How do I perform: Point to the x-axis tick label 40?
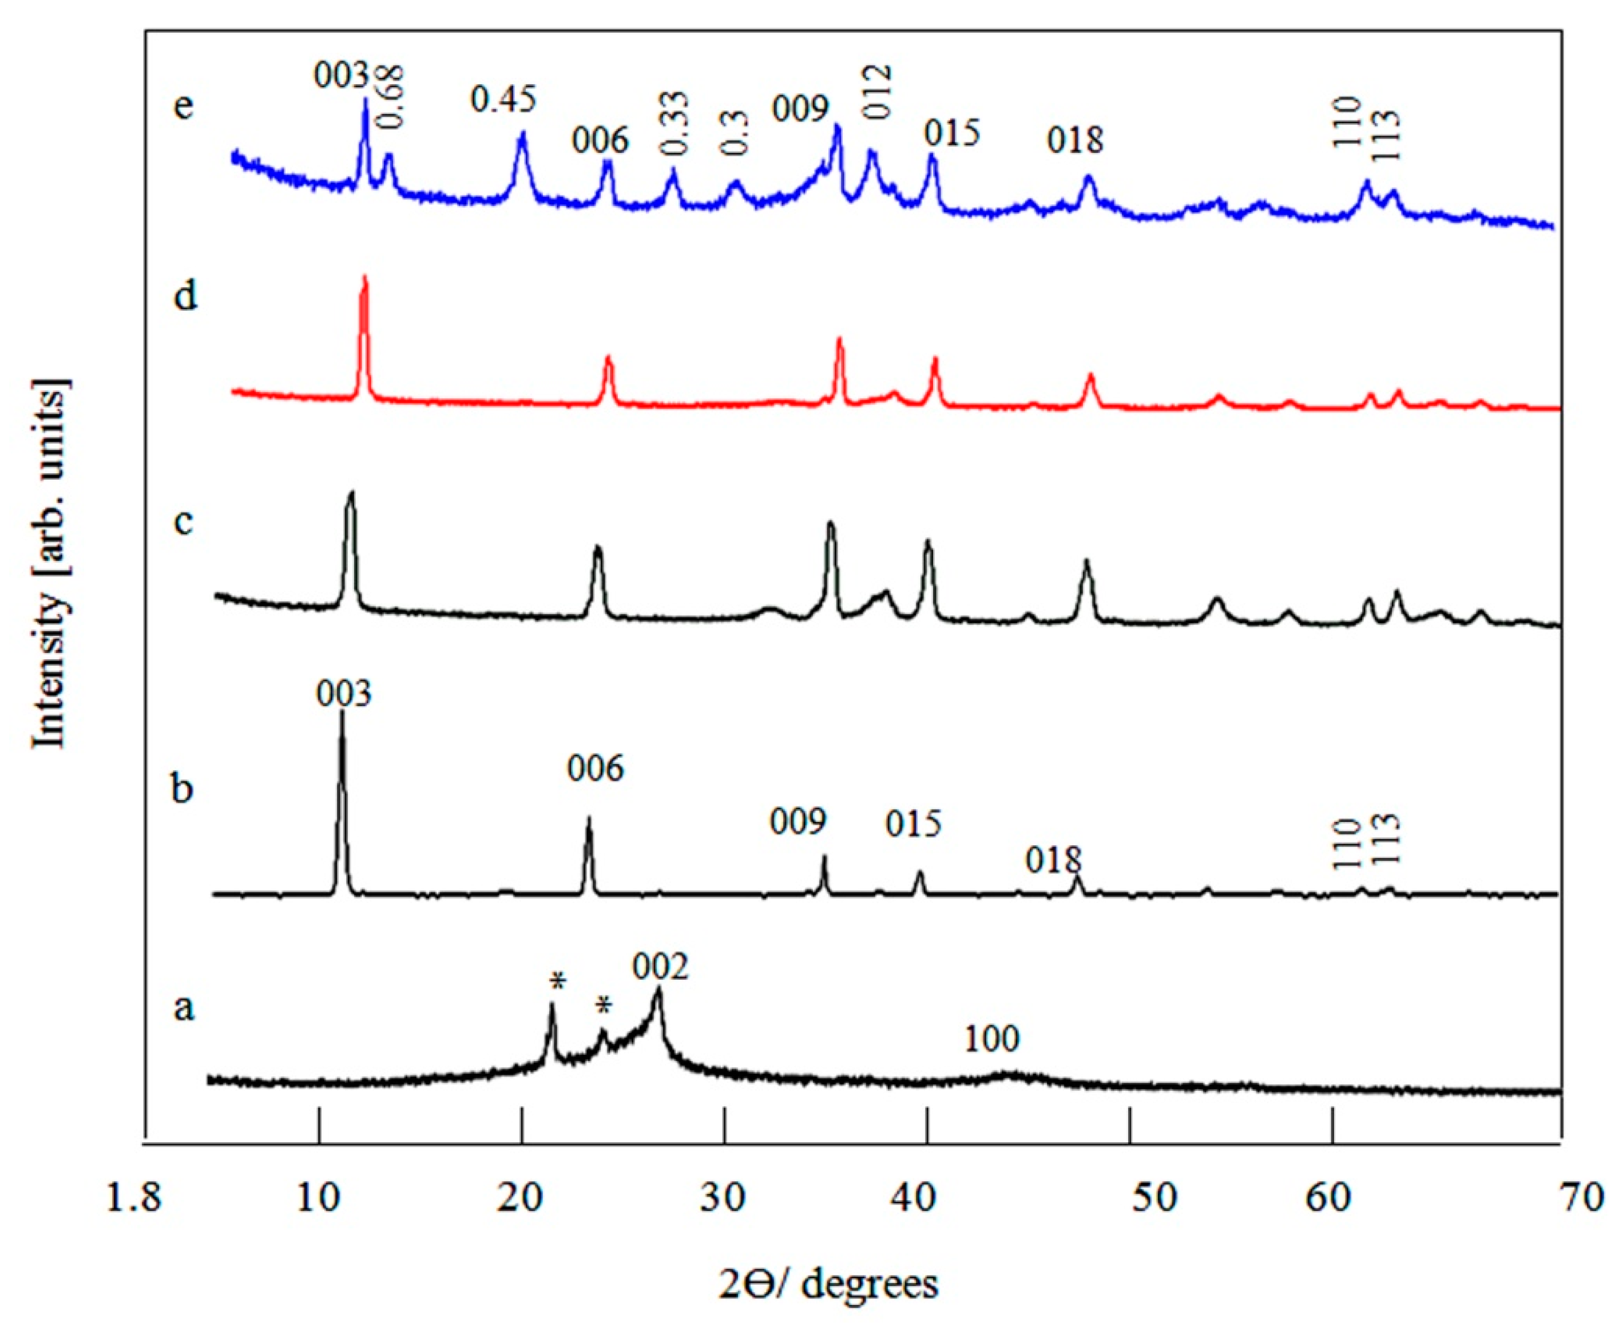coord(927,1198)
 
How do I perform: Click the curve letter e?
coord(183,105)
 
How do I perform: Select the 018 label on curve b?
coord(1054,861)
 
